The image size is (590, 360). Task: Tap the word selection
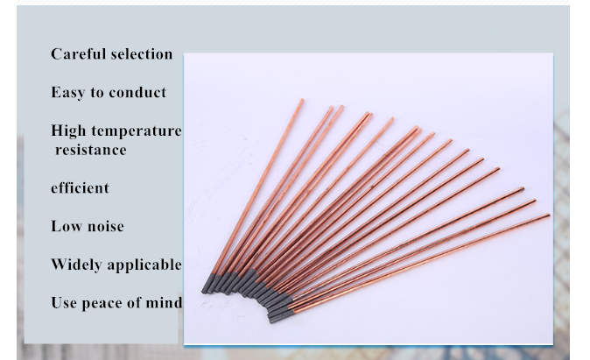[x=142, y=53]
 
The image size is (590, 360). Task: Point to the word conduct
[x=137, y=92]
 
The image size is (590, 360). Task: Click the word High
[x=68, y=131]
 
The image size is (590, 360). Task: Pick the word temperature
[x=137, y=131]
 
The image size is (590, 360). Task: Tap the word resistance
[x=91, y=150]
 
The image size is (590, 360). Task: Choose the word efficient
[x=80, y=187]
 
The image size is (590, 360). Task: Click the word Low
[x=67, y=226]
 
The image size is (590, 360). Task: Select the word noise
[x=105, y=226]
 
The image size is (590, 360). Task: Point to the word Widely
[x=76, y=265]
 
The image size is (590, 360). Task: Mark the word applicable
[x=144, y=265]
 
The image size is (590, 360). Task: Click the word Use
[x=64, y=303]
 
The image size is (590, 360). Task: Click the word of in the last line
[x=134, y=303]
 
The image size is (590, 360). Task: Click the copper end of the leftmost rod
[x=302, y=100]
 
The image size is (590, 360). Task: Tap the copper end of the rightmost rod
[x=548, y=215]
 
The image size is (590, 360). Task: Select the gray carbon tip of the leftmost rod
[x=208, y=284]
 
